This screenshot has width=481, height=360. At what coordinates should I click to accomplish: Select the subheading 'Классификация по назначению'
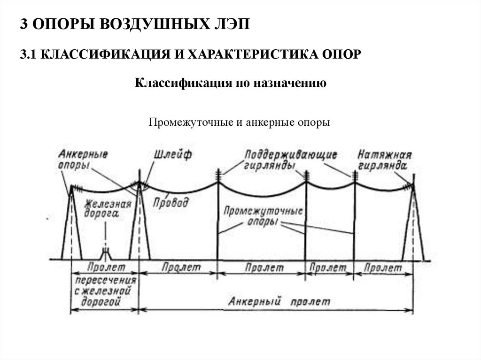(x=231, y=84)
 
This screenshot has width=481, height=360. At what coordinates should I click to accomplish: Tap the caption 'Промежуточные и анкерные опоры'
(x=240, y=123)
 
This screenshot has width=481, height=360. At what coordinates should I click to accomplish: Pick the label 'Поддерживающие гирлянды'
(x=290, y=160)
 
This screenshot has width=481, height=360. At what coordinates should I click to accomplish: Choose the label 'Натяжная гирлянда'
(x=384, y=160)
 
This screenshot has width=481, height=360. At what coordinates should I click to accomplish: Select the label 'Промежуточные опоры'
(x=263, y=216)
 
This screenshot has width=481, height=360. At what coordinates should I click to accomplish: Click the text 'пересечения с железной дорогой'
(x=105, y=291)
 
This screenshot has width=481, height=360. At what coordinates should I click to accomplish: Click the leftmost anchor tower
(x=72, y=225)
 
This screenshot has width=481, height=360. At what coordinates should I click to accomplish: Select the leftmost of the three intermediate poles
(x=218, y=221)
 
